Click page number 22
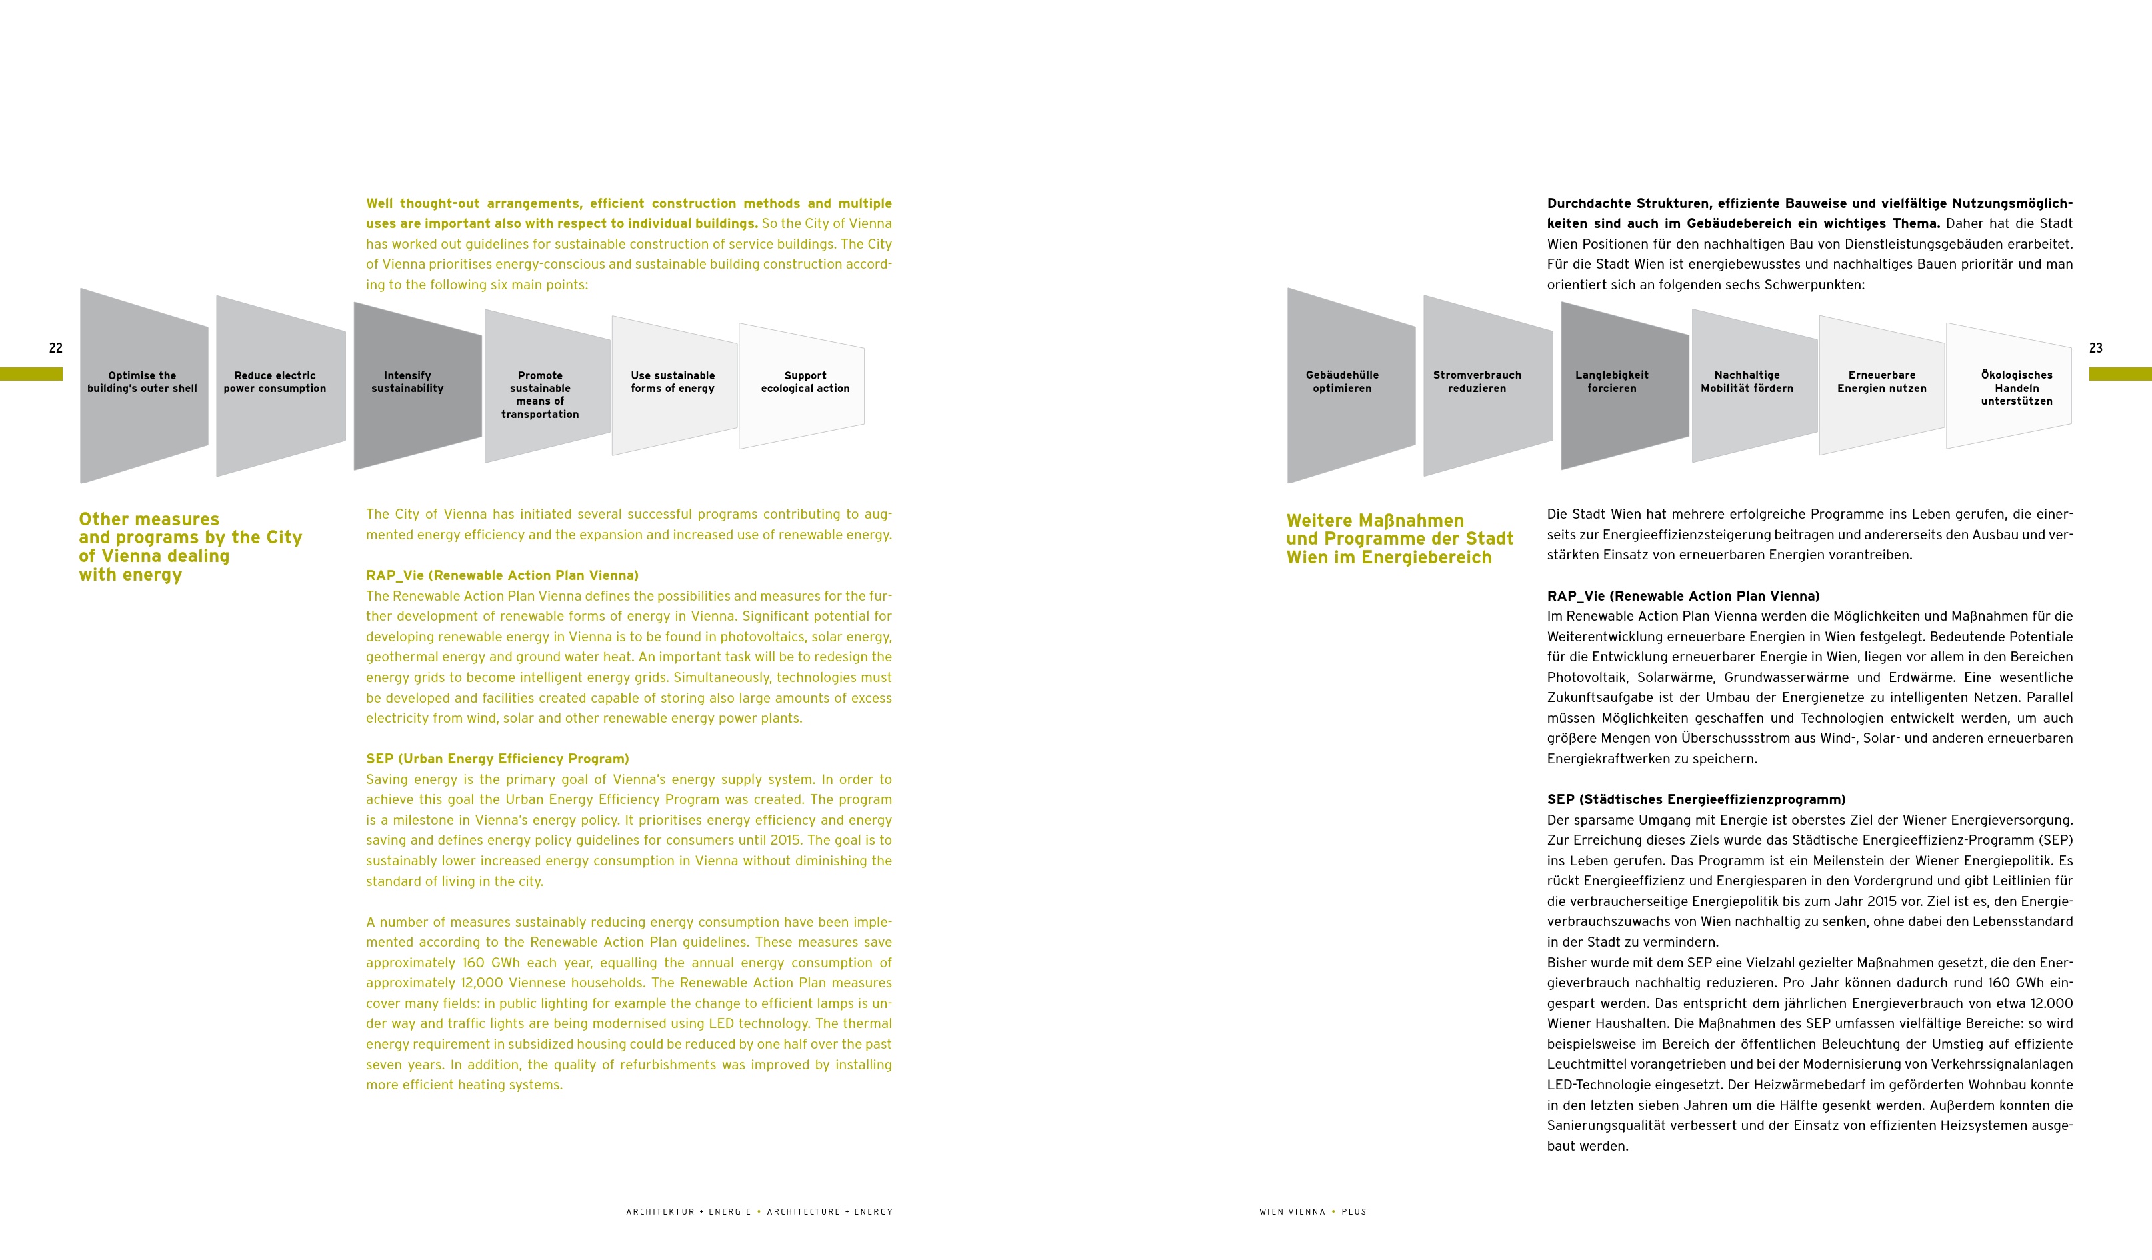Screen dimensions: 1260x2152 coord(55,348)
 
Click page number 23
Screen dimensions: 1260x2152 coord(2095,348)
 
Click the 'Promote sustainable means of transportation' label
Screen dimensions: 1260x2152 coord(540,395)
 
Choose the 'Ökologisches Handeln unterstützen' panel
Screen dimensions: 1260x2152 coord(2016,388)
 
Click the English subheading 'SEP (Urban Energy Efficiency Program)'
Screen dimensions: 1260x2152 coord(497,759)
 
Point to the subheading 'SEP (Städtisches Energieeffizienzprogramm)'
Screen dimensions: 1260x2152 coord(1696,799)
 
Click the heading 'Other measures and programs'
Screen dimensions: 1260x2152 coord(189,547)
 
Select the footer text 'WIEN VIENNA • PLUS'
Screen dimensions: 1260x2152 coord(1313,1211)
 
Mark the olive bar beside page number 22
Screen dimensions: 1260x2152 coord(31,374)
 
